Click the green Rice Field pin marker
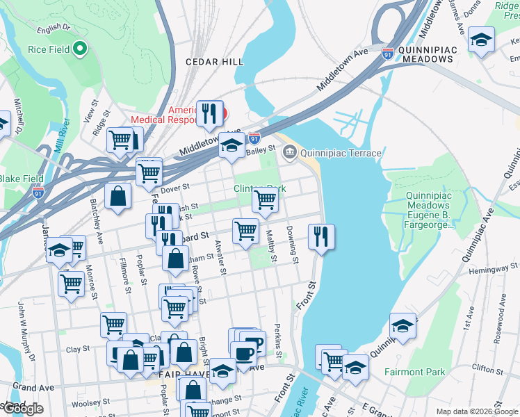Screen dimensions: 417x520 click(x=80, y=49)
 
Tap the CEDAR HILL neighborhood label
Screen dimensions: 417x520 click(x=214, y=62)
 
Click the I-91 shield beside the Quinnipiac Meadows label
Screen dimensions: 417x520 click(x=388, y=51)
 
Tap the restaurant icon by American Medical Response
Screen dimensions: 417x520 click(x=209, y=114)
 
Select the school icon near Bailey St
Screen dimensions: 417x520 click(x=231, y=145)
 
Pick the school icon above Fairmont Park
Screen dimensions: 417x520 click(x=403, y=325)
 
